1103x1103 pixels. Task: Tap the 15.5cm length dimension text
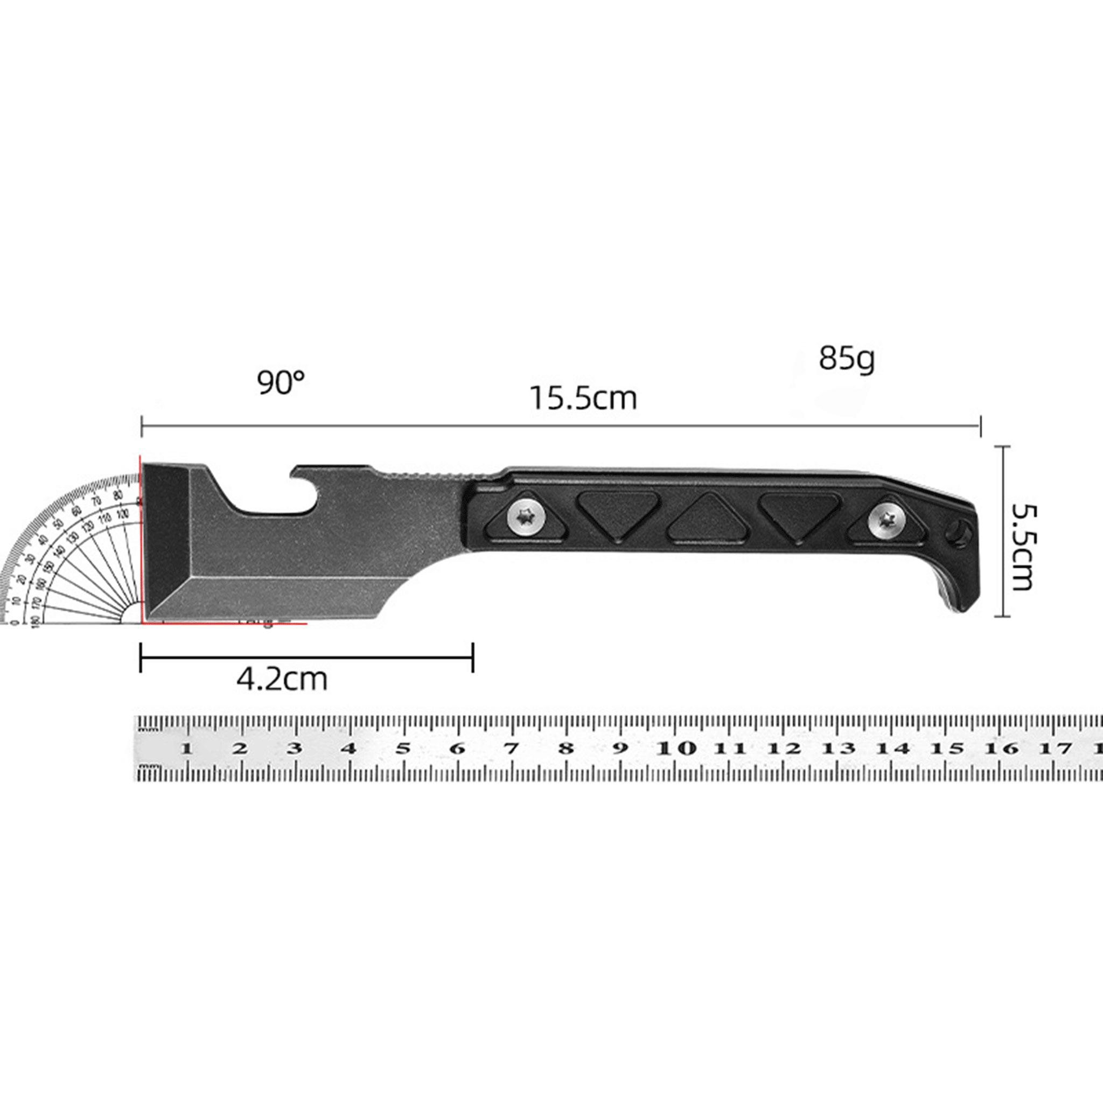tap(583, 399)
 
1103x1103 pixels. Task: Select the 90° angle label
tap(281, 382)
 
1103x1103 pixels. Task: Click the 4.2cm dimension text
tap(282, 679)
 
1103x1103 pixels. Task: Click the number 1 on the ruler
tap(186, 749)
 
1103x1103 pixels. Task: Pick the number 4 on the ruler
tap(349, 749)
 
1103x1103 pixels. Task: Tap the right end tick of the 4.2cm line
tap(473, 657)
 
